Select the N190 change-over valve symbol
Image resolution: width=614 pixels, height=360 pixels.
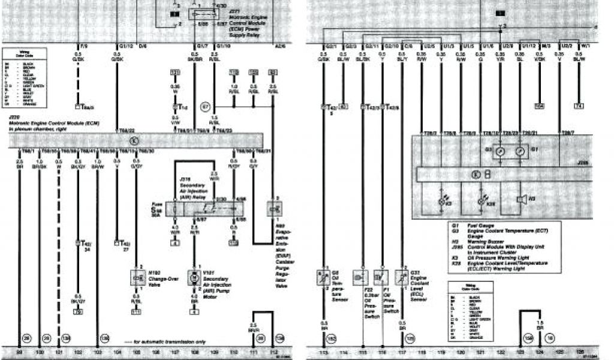tap(136, 276)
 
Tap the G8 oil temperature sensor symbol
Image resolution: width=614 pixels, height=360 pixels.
tap(323, 277)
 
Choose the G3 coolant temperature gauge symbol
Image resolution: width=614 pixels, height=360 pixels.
tap(499, 153)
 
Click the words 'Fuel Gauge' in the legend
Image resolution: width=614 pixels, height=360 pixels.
tap(480, 226)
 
